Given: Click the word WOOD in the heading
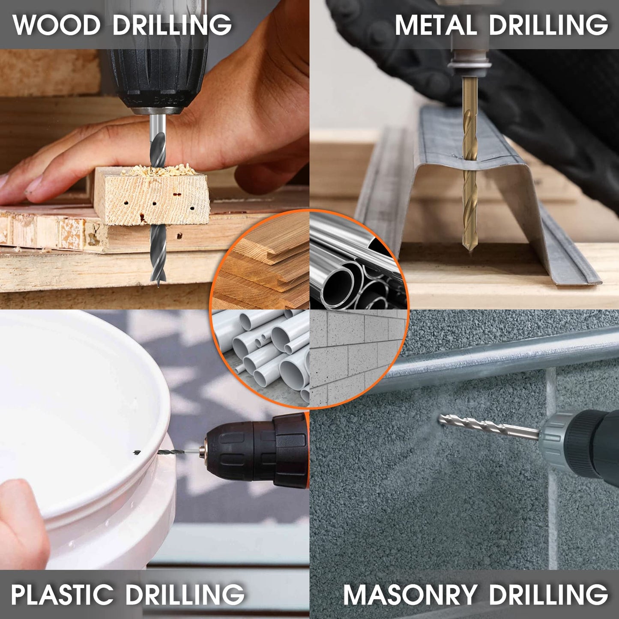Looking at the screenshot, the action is coord(57,25).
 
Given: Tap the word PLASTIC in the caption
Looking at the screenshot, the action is coord(62,594).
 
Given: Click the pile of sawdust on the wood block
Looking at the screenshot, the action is coord(159,170).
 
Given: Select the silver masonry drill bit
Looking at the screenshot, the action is coord(489,426).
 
